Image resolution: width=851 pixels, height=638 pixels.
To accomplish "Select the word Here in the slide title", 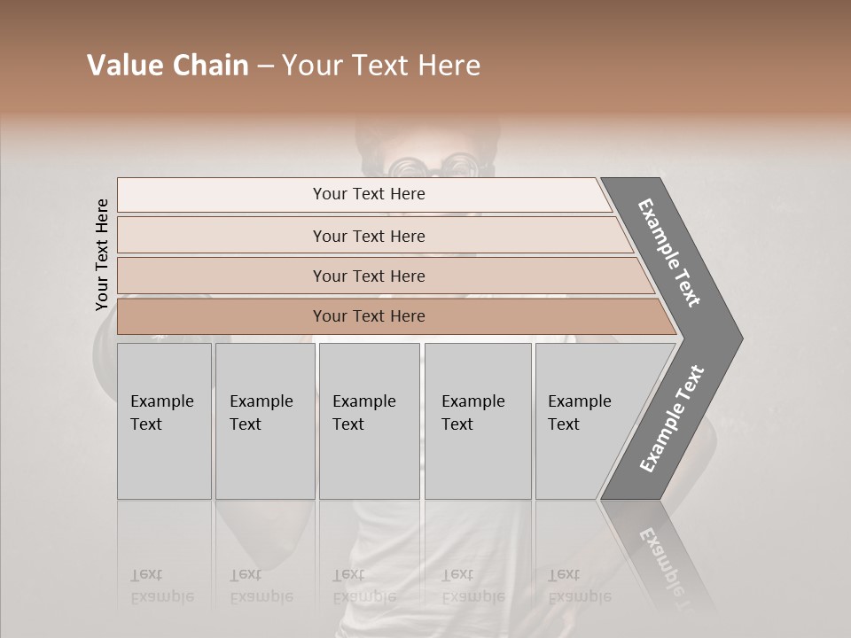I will (449, 66).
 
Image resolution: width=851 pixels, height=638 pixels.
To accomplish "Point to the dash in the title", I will (265, 66).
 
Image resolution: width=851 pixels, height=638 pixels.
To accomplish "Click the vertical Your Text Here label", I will (102, 254).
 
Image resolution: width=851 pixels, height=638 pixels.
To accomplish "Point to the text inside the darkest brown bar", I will (369, 316).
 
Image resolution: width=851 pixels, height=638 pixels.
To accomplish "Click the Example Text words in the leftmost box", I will (161, 413).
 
